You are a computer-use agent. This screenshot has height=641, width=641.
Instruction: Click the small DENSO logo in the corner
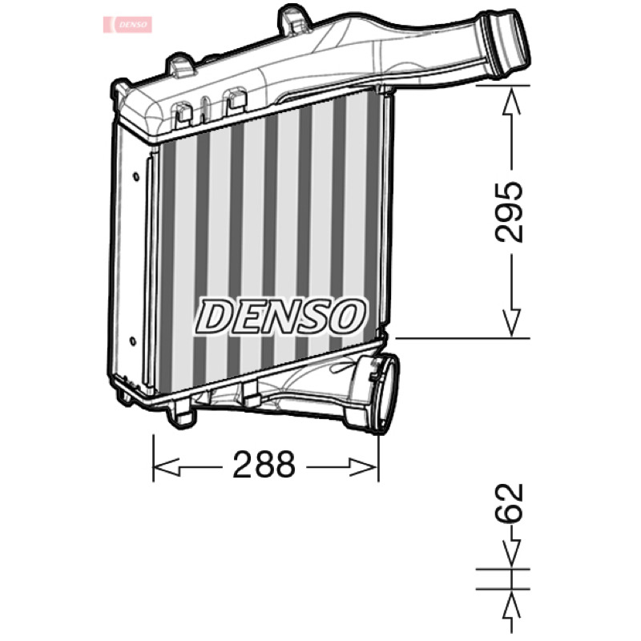tap(127, 25)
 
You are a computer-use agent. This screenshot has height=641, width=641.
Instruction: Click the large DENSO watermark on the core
tap(280, 316)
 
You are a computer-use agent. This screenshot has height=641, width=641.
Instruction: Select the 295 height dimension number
tap(509, 212)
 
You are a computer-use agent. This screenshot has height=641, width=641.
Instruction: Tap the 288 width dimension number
tap(264, 465)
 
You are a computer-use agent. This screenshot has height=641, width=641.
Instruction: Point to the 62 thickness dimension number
tap(509, 503)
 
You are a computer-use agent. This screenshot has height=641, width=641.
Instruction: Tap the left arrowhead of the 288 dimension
tap(166, 466)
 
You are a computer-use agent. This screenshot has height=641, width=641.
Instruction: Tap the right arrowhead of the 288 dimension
tap(364, 466)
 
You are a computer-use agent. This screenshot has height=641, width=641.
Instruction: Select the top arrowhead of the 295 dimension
tap(511, 102)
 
